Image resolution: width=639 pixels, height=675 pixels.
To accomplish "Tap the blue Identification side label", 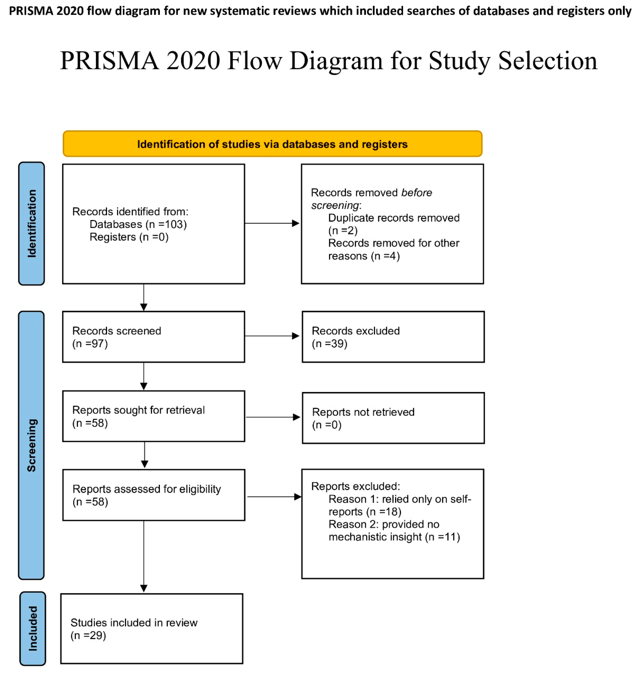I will [31, 224].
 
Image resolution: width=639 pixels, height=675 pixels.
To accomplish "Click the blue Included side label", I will [33, 628].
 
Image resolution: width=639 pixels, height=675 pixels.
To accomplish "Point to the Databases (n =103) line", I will [138, 224].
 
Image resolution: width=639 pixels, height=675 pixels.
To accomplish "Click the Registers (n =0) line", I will [129, 237].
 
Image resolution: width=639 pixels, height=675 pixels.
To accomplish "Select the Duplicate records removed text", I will [393, 218].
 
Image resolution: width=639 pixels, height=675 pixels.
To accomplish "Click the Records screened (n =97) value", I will [90, 344].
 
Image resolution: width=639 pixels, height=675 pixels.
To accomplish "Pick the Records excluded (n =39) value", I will [329, 344].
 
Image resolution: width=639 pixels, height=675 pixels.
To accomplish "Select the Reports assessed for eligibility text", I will [147, 489].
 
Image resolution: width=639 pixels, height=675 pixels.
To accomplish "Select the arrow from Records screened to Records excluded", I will [272, 336].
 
